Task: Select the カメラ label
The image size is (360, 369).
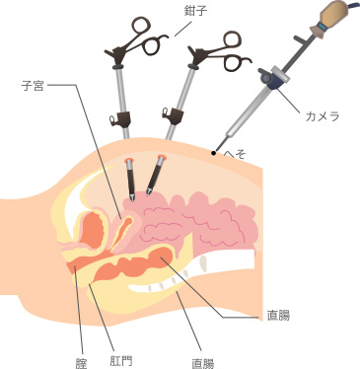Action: [x=324, y=115]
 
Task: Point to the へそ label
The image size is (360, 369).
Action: [x=235, y=155]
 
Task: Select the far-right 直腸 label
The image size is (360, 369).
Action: [x=277, y=317]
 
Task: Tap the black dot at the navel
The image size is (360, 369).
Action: [x=212, y=153]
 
